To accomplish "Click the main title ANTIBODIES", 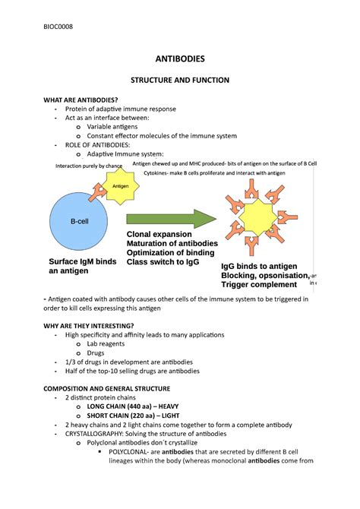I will point(179,58).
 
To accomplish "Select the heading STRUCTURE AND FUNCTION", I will point(179,80).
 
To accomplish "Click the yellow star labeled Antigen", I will point(120,186).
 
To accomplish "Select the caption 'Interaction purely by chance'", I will point(89,166).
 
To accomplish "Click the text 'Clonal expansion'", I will point(160,235).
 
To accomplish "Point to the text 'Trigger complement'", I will point(259,285).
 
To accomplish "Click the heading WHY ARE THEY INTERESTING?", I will point(93,326).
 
